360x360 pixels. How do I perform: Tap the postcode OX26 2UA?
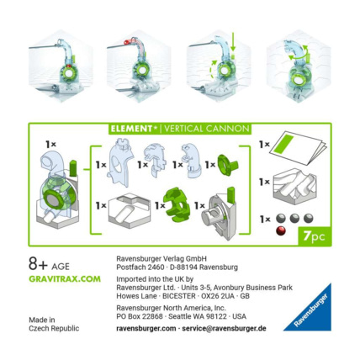tap(218, 297)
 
